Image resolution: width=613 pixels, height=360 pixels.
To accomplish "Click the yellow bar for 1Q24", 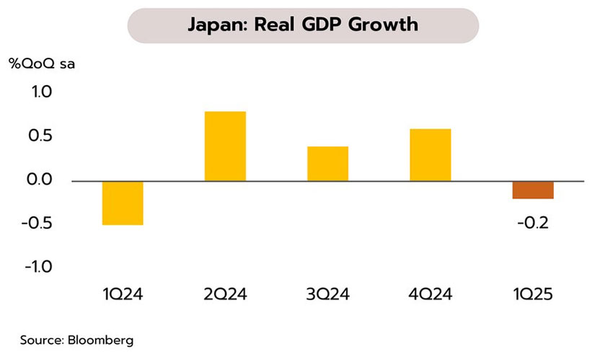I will (x=123, y=203).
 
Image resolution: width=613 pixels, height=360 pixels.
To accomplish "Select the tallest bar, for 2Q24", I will (x=225, y=146).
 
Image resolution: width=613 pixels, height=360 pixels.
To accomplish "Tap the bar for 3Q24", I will (x=327, y=163).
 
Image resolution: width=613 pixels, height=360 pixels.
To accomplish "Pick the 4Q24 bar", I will (x=430, y=154).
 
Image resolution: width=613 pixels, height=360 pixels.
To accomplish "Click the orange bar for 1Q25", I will (x=533, y=189).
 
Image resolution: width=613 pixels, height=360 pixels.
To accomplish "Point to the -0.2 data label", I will (x=533, y=223).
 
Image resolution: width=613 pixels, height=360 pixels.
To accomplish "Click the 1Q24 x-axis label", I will (x=123, y=294).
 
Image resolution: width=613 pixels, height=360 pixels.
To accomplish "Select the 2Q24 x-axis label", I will (x=225, y=294).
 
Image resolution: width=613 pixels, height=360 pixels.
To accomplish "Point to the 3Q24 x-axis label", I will (x=327, y=294).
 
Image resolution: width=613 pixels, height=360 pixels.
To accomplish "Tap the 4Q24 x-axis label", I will (x=430, y=294).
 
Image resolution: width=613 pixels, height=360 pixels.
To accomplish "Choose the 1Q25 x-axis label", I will (x=533, y=294).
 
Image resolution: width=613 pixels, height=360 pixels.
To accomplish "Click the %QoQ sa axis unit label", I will (x=41, y=63).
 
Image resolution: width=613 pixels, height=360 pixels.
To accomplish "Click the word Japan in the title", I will (x=213, y=25).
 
